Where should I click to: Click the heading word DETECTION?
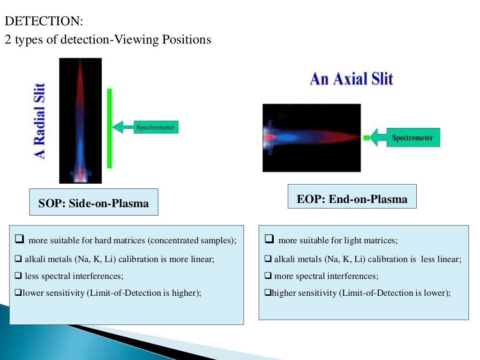[43, 22]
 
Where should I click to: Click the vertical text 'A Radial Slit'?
[41, 121]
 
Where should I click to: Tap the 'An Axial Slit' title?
[351, 79]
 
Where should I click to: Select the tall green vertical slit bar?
[109, 127]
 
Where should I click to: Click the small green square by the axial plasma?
[366, 138]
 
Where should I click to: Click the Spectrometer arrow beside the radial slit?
[146, 127]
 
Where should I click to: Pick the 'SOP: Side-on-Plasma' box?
[94, 203]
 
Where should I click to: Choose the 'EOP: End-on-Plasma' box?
[352, 199]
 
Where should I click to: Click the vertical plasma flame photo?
[80, 120]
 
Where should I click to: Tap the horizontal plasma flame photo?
[311, 137]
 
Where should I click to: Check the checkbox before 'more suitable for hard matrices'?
[19, 240]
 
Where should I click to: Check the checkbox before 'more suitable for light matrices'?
[269, 240]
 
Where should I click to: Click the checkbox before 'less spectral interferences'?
[18, 276]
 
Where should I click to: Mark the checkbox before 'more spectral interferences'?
[268, 276]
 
